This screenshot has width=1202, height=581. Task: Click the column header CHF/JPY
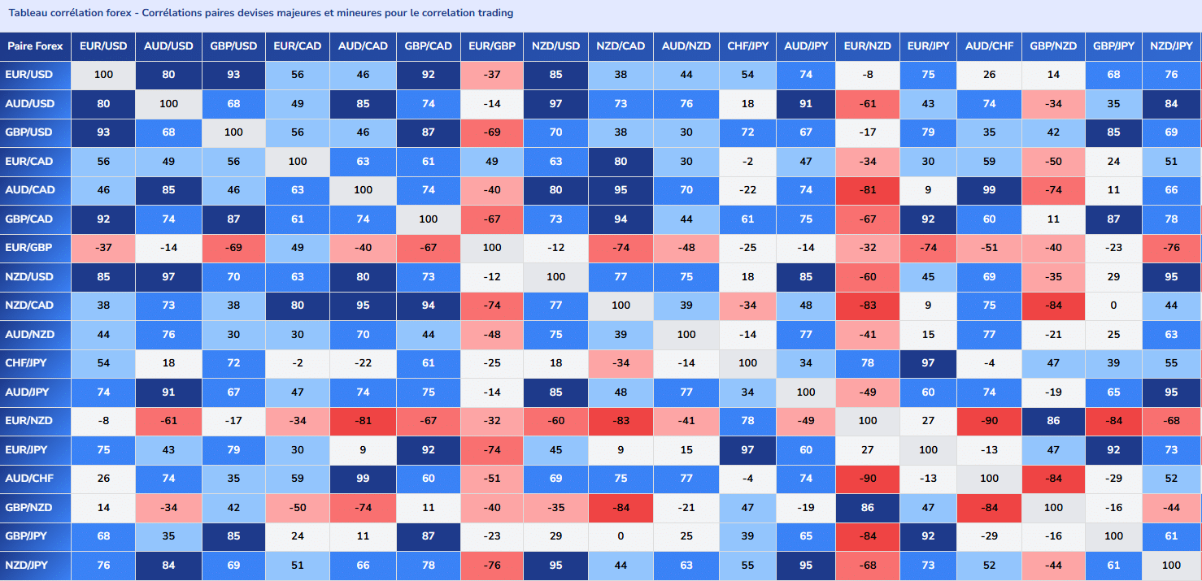tap(747, 46)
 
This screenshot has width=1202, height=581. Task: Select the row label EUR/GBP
tap(29, 248)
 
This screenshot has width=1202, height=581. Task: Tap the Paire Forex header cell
tap(35, 46)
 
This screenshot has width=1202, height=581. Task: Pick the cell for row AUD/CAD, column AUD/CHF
tap(989, 190)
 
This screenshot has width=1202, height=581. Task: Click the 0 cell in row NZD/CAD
tap(1113, 306)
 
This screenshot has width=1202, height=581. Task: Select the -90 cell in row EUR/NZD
tap(989, 421)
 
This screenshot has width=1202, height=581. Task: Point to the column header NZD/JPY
tap(1171, 46)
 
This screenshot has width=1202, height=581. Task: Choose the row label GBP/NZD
tap(29, 507)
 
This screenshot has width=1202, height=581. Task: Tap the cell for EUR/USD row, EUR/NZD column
tap(868, 75)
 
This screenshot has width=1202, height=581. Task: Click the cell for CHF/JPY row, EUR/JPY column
tap(928, 363)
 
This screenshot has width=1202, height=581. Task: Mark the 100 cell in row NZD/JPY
tap(1171, 565)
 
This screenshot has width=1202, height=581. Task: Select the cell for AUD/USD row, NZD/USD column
tap(556, 103)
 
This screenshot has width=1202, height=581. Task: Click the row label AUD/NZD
tap(29, 335)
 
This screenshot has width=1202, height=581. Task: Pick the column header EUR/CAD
tap(298, 46)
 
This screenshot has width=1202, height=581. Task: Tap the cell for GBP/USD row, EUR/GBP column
tap(492, 132)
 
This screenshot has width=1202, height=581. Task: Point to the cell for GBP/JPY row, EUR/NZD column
tap(868, 536)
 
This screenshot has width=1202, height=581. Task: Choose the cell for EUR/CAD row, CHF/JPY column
tap(747, 162)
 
